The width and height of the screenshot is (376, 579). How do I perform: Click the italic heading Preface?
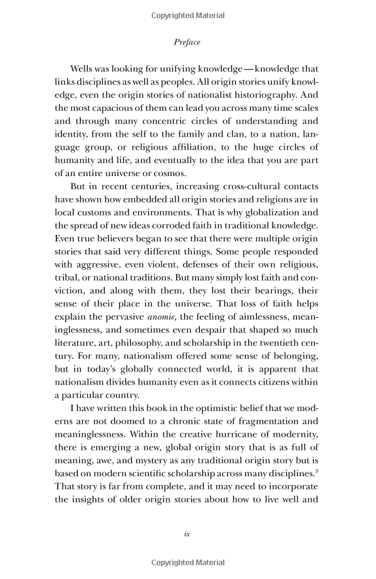click(187, 43)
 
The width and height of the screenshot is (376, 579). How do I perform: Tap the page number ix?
click(187, 534)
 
